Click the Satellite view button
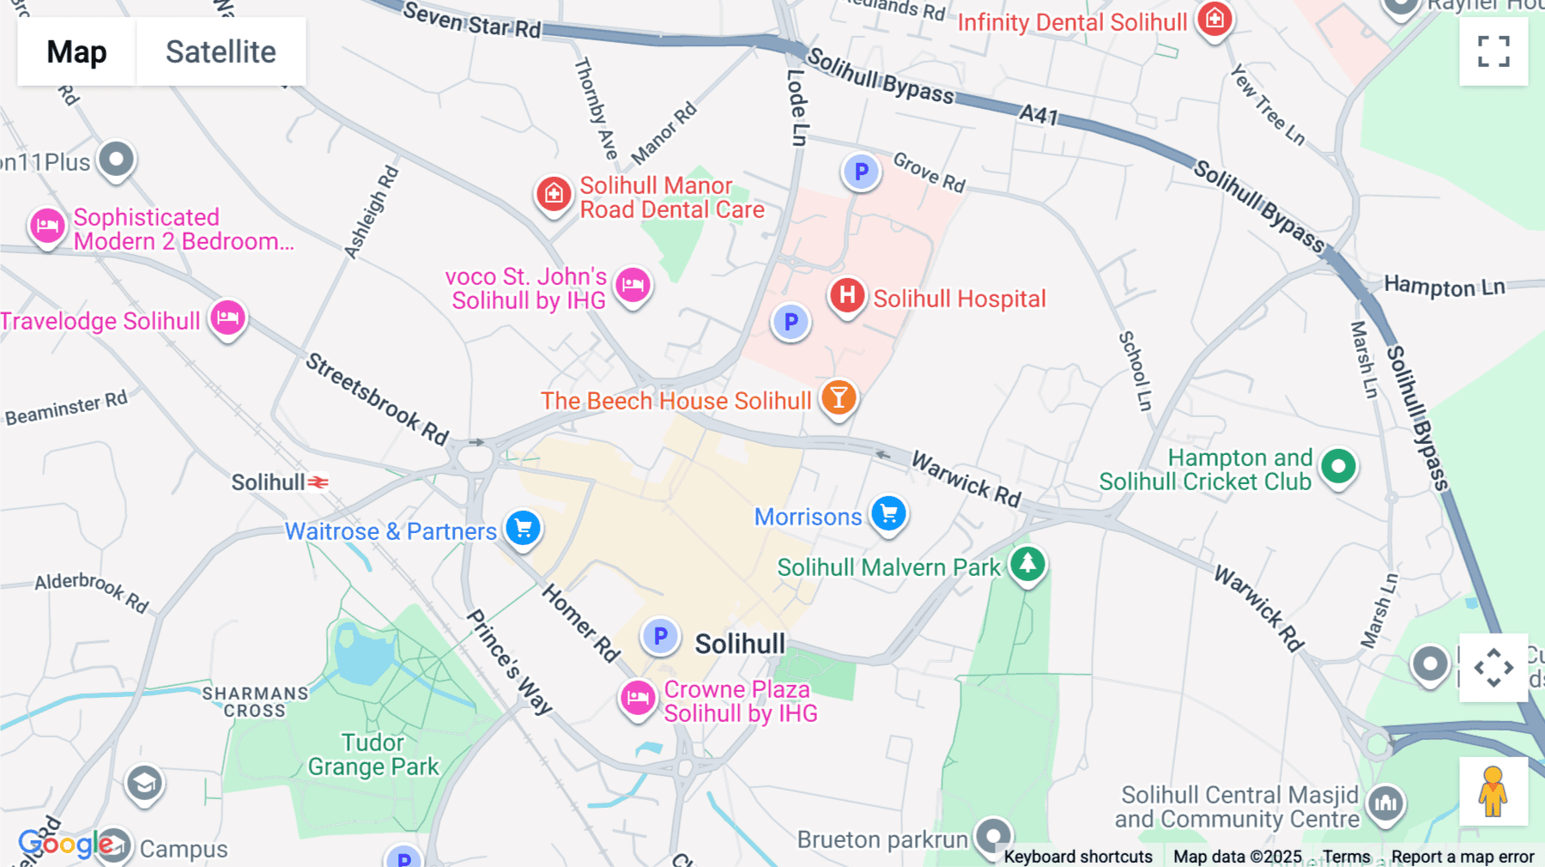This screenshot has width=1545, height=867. click(x=221, y=52)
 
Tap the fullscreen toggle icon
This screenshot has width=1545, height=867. click(x=1493, y=52)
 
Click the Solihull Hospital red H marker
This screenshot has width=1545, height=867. click(x=847, y=295)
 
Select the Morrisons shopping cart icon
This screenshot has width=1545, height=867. click(x=888, y=514)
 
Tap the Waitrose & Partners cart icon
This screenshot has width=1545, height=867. click(x=523, y=528)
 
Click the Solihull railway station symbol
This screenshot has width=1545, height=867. click(x=318, y=482)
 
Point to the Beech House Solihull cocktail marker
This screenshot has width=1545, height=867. click(x=839, y=398)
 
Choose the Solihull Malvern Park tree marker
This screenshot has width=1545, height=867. click(x=1027, y=564)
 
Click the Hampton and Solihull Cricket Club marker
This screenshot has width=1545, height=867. click(x=1338, y=467)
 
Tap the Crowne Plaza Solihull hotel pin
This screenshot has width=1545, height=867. click(x=638, y=698)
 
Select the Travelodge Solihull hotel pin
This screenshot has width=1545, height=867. click(x=227, y=318)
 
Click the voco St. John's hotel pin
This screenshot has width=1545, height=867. click(x=633, y=284)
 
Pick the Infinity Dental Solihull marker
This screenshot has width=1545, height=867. click(x=1215, y=18)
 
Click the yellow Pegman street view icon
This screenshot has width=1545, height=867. click(x=1493, y=791)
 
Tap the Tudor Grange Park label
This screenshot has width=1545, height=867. click(x=373, y=755)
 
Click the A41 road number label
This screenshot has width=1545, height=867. click(x=1039, y=114)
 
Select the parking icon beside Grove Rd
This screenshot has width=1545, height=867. click(x=861, y=173)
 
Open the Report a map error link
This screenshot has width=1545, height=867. click(x=1463, y=857)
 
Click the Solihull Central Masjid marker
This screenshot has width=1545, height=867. click(x=1385, y=804)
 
